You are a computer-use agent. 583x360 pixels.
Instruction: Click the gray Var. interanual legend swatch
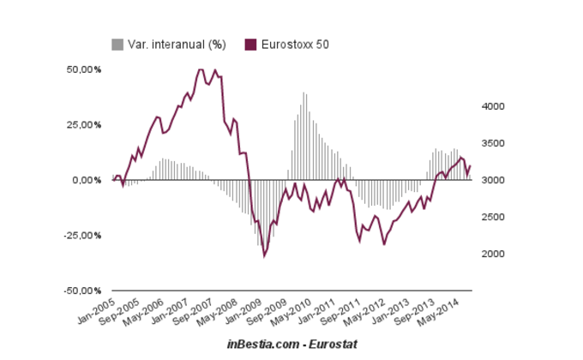click(117, 44)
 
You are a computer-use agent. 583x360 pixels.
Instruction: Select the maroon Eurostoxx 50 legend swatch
click(250, 44)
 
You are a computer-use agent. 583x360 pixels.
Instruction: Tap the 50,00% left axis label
click(84, 69)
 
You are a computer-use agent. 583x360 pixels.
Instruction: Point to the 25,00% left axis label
click(84, 124)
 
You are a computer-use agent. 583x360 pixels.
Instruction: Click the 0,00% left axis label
click(87, 180)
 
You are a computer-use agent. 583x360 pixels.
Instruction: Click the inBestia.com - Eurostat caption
click(292, 343)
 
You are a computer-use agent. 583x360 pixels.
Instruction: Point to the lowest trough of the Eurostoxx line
click(264, 255)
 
